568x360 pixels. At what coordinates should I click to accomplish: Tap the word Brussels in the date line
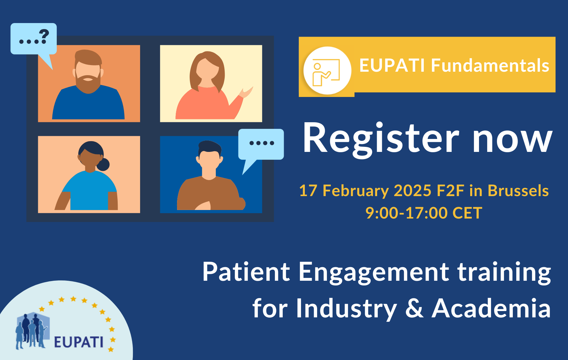click(x=518, y=191)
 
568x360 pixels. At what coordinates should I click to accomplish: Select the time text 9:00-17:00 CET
click(x=424, y=213)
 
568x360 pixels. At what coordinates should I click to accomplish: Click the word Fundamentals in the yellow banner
click(x=490, y=65)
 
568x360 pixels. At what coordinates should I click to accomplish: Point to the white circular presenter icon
click(x=327, y=70)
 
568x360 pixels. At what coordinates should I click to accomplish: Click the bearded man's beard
click(x=88, y=84)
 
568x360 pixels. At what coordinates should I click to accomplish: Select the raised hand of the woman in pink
click(x=246, y=93)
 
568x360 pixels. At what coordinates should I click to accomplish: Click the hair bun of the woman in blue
click(x=103, y=165)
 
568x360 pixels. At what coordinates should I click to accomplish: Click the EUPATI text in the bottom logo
click(x=79, y=342)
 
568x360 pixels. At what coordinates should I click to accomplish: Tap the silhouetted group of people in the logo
click(x=32, y=331)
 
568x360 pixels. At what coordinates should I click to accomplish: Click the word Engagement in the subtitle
click(x=374, y=273)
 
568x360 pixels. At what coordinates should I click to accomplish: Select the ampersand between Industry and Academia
click(x=414, y=308)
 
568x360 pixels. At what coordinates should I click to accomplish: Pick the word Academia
click(x=491, y=308)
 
